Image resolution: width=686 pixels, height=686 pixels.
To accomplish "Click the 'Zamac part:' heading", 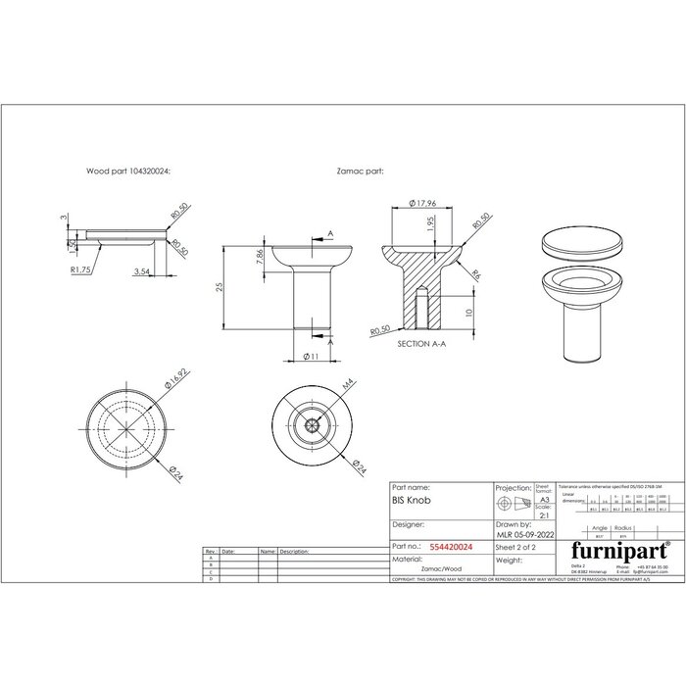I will point(359,170).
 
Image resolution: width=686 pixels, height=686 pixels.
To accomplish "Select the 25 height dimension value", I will point(220,286).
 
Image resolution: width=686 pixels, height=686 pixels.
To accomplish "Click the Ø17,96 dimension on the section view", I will point(419,204).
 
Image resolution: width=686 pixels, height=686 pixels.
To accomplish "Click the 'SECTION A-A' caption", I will point(422,346).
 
